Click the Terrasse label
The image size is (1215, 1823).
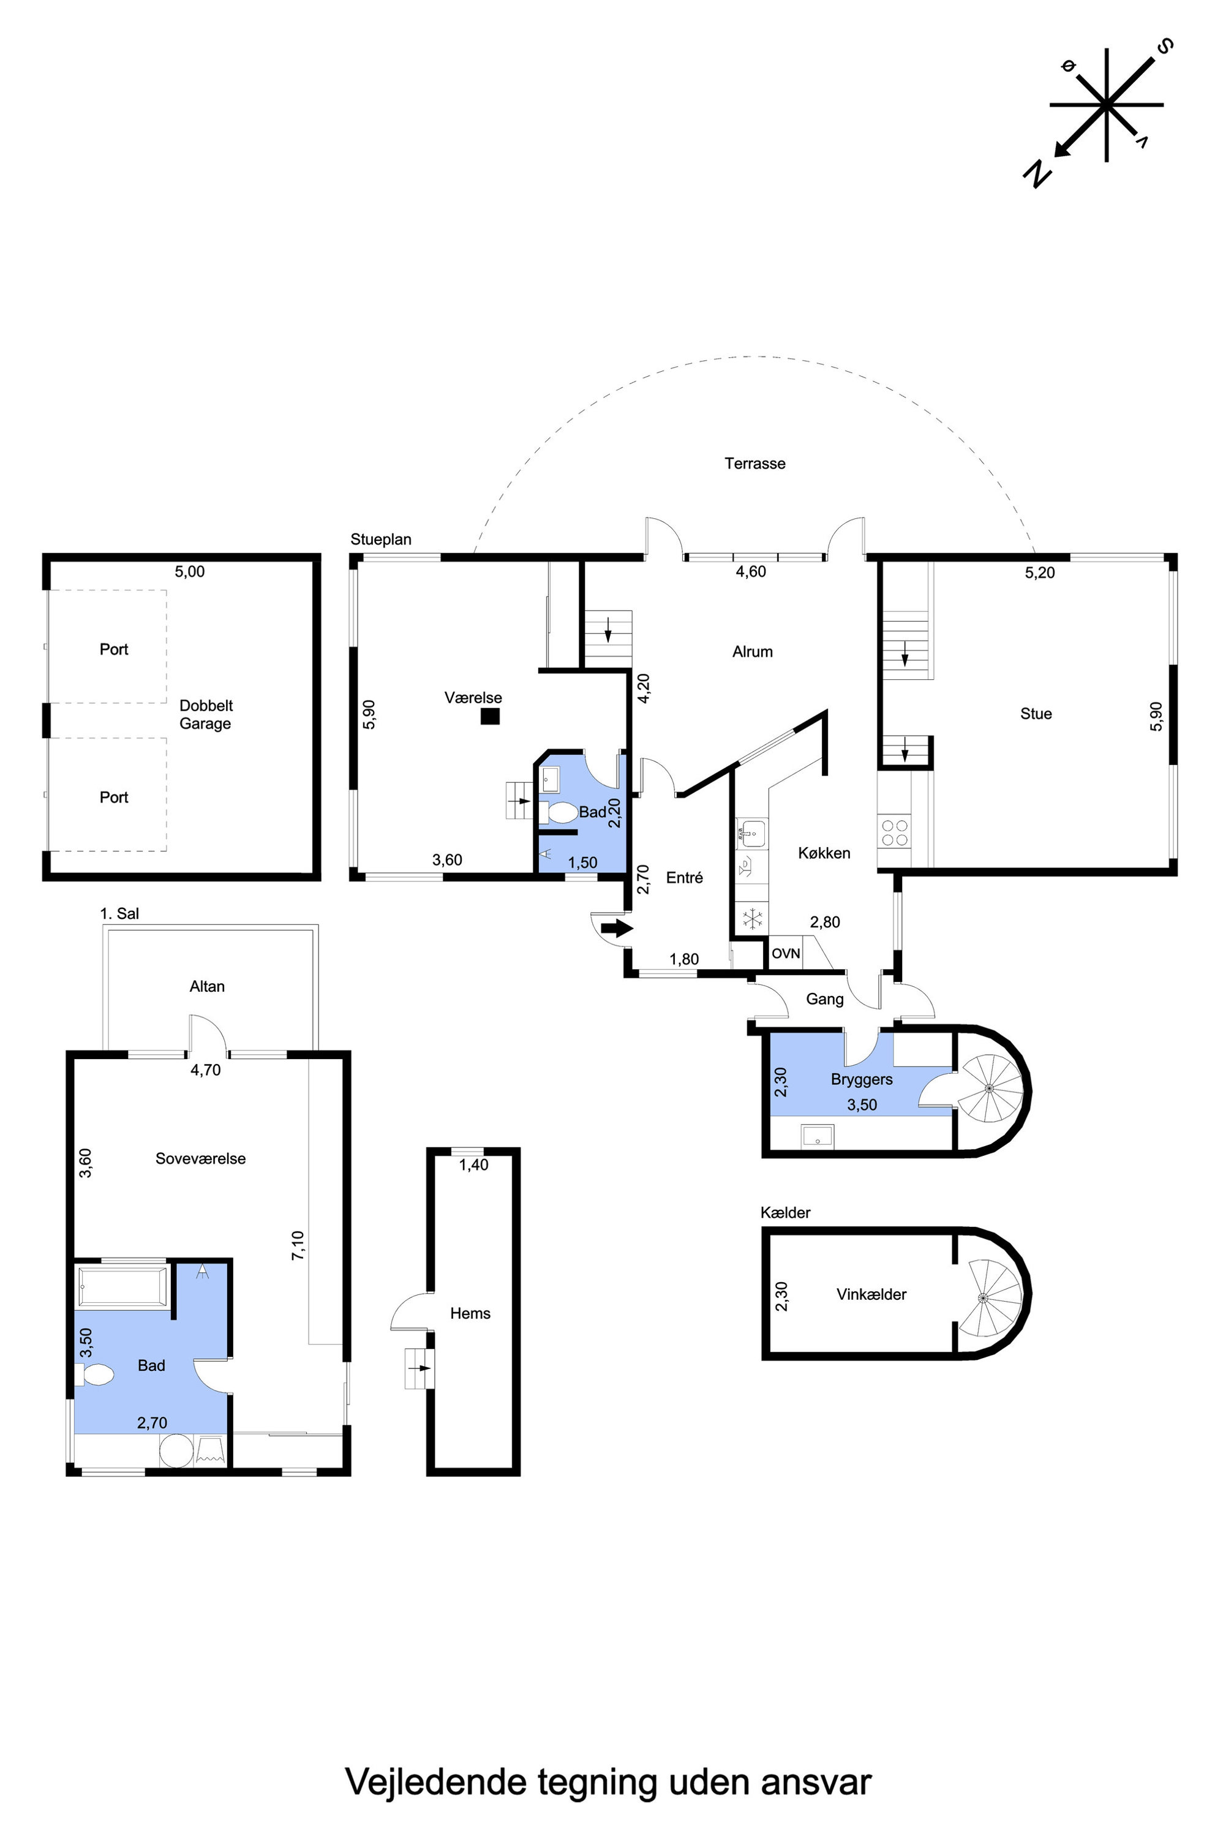click(x=754, y=464)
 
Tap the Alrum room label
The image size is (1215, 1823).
click(x=753, y=652)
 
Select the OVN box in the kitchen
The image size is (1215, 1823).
click(x=786, y=953)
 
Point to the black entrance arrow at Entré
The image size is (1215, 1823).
click(x=617, y=928)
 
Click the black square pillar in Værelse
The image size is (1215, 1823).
click(x=490, y=717)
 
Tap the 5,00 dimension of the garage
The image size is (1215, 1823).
click(x=190, y=572)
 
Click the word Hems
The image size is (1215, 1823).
click(x=470, y=1313)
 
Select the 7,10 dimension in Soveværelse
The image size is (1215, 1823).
click(x=298, y=1245)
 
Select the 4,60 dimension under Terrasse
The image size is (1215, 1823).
click(x=750, y=572)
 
